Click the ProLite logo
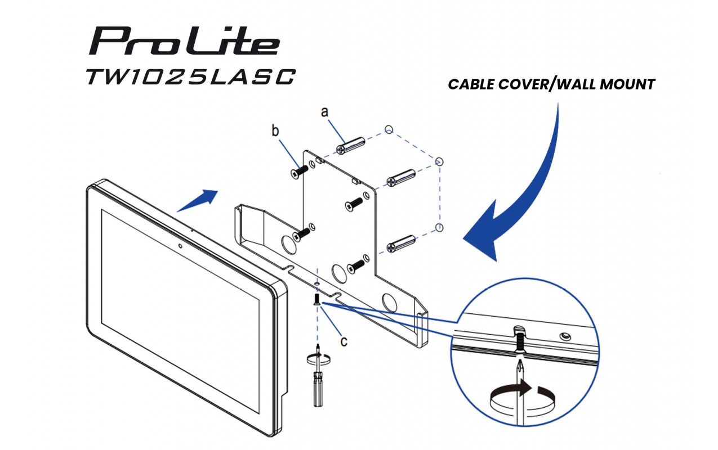(184, 41)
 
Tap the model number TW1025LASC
(190, 77)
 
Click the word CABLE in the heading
(471, 84)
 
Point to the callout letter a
(325, 112)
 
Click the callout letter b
(275, 130)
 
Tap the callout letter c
(344, 341)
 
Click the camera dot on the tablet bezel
(180, 246)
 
